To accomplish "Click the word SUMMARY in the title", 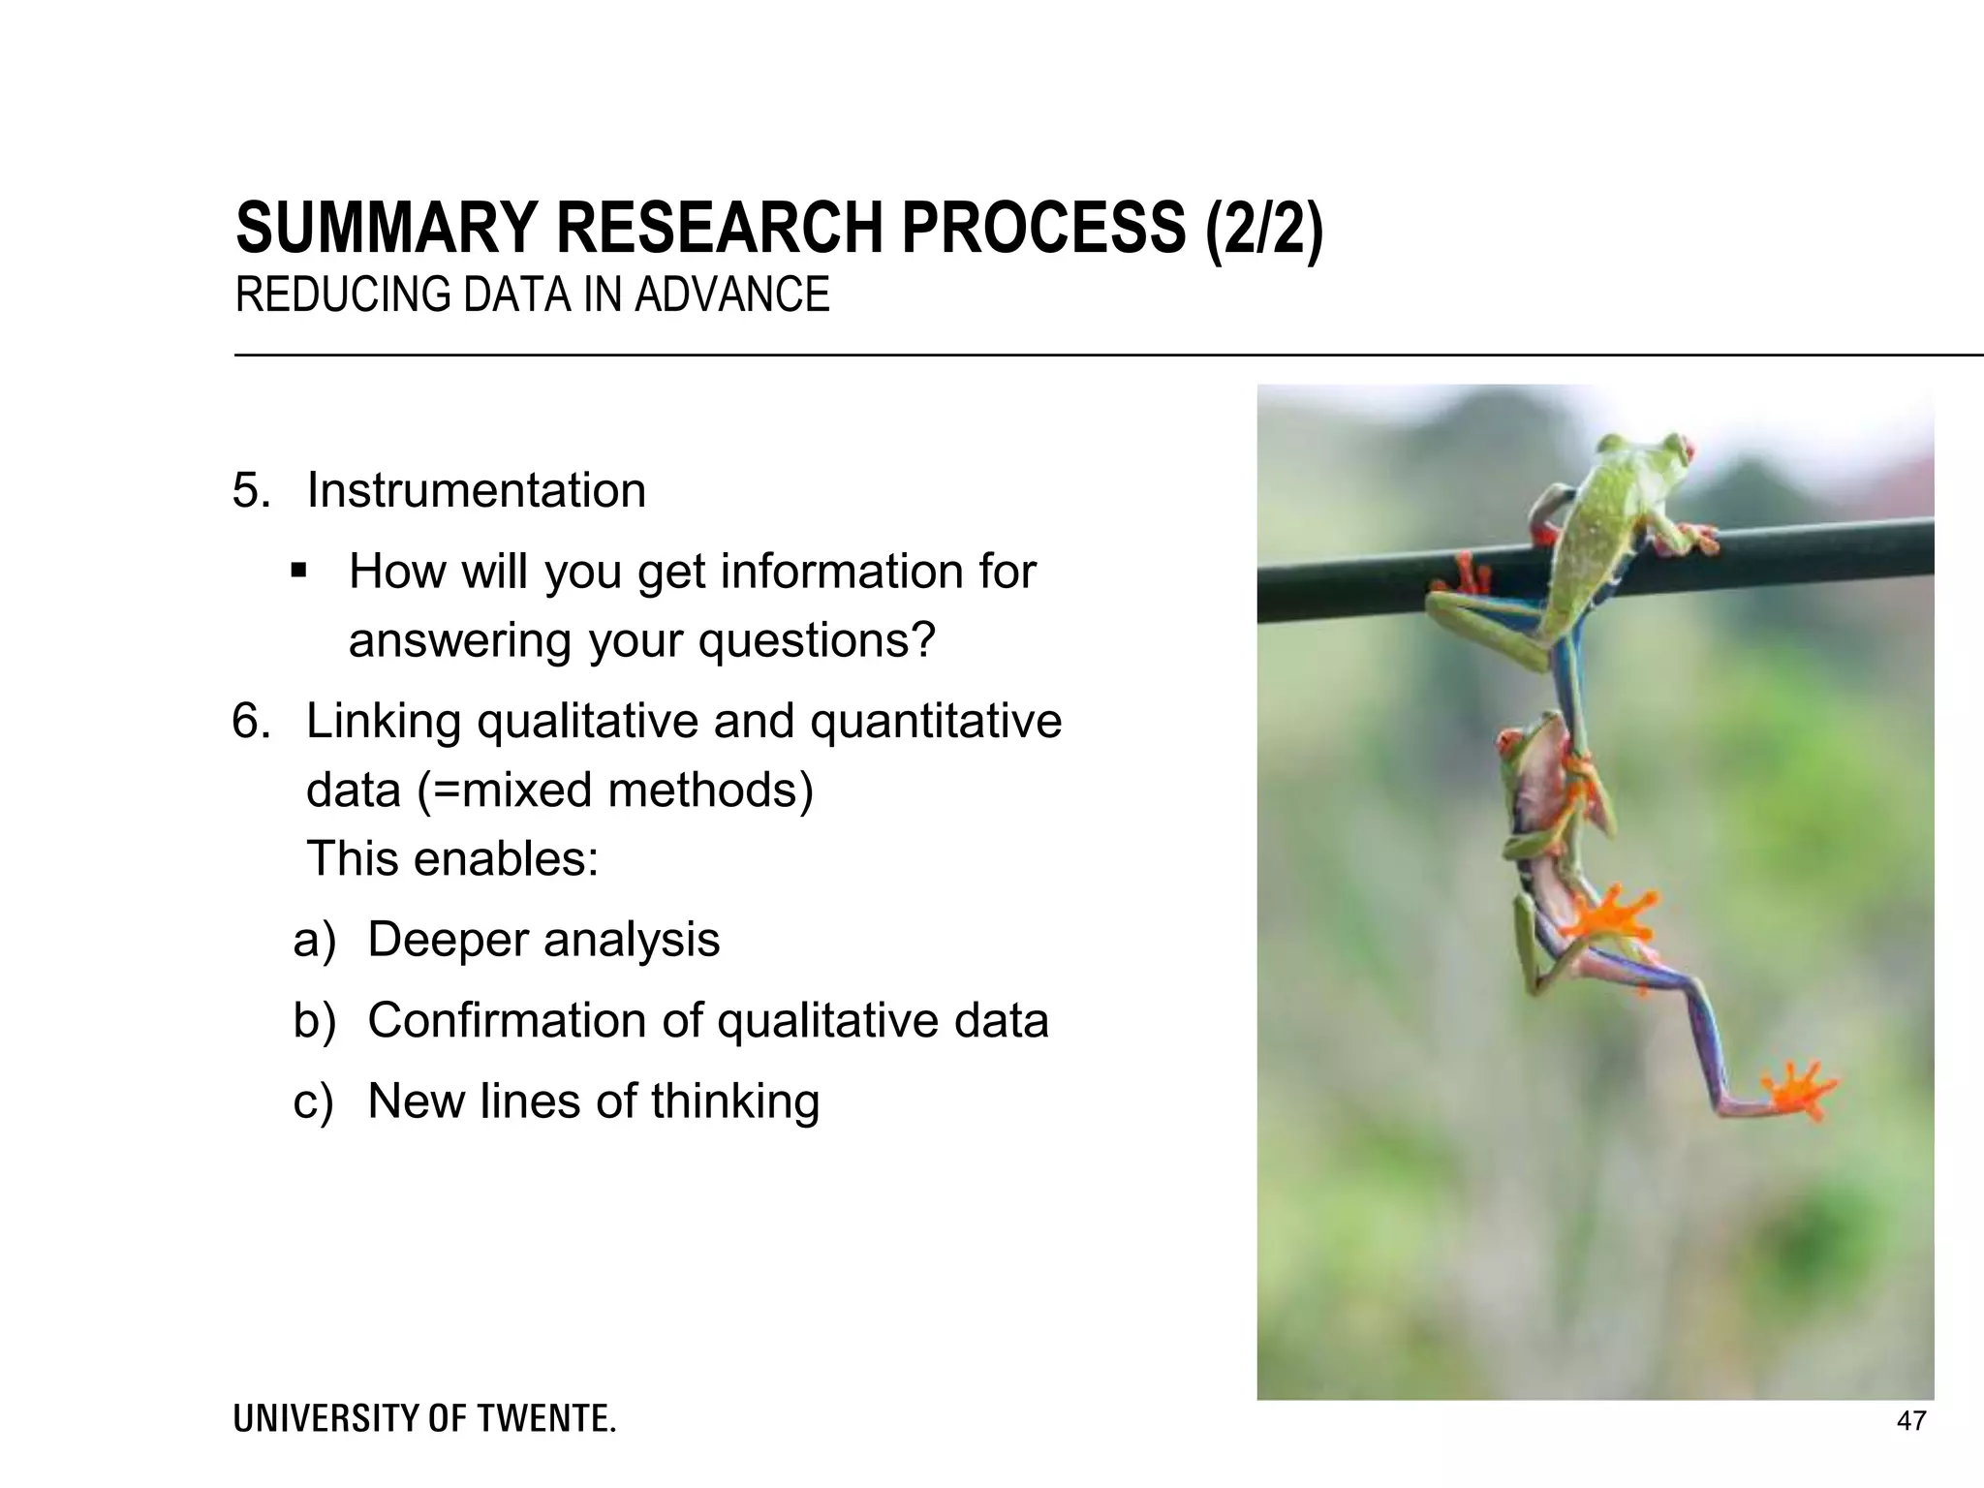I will [x=386, y=228].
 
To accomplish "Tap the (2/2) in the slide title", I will [x=1263, y=228].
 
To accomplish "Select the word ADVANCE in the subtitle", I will [x=732, y=294].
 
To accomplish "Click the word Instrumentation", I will [x=476, y=490].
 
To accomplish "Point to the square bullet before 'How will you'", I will [x=298, y=571].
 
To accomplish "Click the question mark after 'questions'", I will [x=923, y=639].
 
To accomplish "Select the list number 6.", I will [x=250, y=722].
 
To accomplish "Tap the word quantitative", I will [x=936, y=722].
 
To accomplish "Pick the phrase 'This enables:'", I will [x=452, y=859].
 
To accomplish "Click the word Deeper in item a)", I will [x=448, y=940].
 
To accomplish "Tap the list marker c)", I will [x=313, y=1101].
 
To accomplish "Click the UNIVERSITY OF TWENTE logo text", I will [x=424, y=1419].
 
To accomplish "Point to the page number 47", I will [x=1911, y=1421].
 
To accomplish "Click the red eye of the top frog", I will [x=1687, y=449].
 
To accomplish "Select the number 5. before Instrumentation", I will [x=250, y=490].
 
